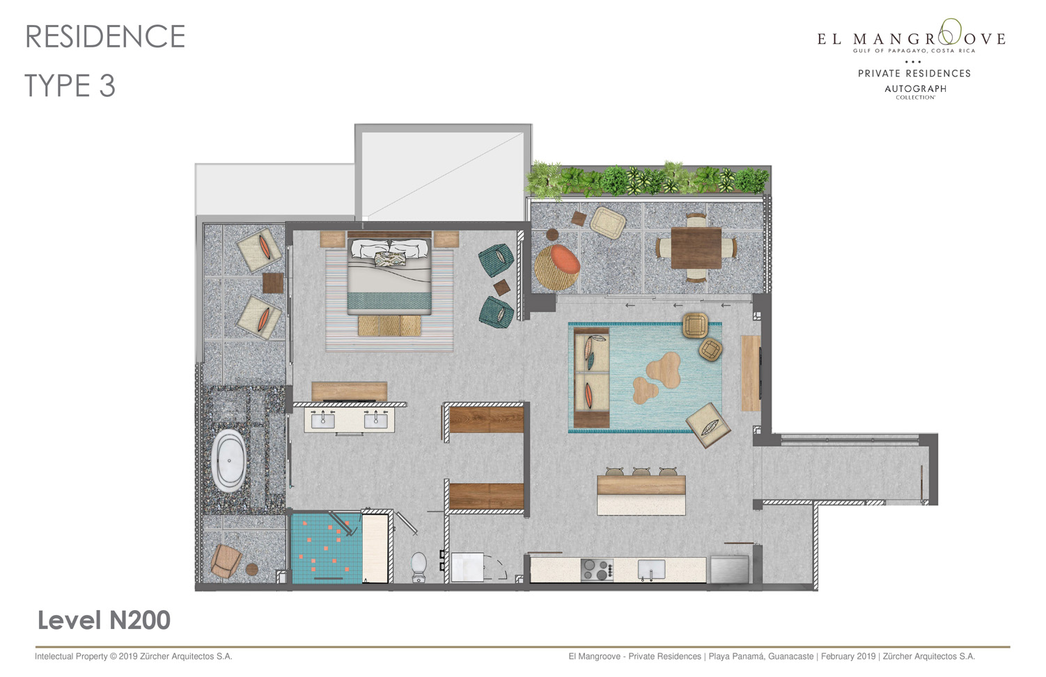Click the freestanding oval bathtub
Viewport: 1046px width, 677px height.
229,461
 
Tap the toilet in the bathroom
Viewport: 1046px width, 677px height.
419,567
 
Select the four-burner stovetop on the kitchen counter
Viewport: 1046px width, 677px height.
598,570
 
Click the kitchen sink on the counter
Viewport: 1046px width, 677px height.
651,570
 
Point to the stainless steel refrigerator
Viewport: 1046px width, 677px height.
729,569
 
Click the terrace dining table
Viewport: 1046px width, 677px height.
696,248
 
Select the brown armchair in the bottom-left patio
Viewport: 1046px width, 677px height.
226,561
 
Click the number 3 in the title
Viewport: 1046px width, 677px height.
107,86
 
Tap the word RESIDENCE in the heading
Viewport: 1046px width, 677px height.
106,37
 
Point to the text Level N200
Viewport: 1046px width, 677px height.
104,620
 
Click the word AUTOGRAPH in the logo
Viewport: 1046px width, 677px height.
915,88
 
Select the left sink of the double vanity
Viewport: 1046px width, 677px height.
322,420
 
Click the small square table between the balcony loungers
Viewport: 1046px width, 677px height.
273,283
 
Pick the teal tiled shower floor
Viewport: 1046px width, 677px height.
327,549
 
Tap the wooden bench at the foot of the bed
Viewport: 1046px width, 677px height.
389,326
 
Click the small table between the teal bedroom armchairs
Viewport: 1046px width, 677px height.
501,287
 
